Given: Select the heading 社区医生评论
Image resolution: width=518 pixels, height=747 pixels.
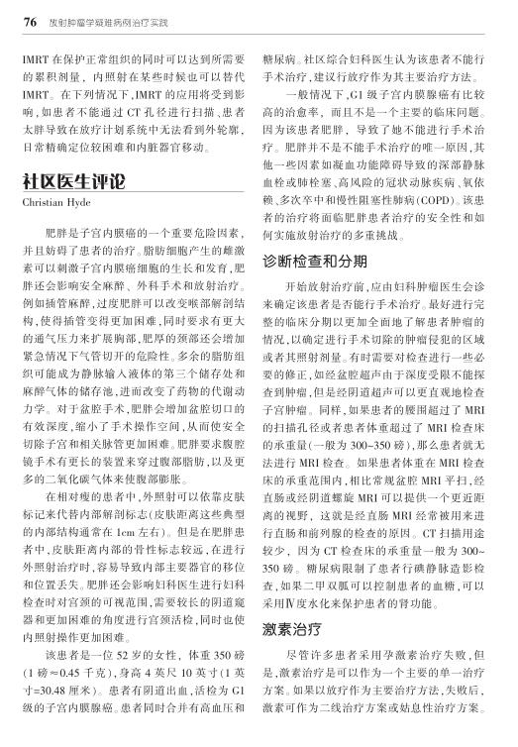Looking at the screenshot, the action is tap(72, 183).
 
